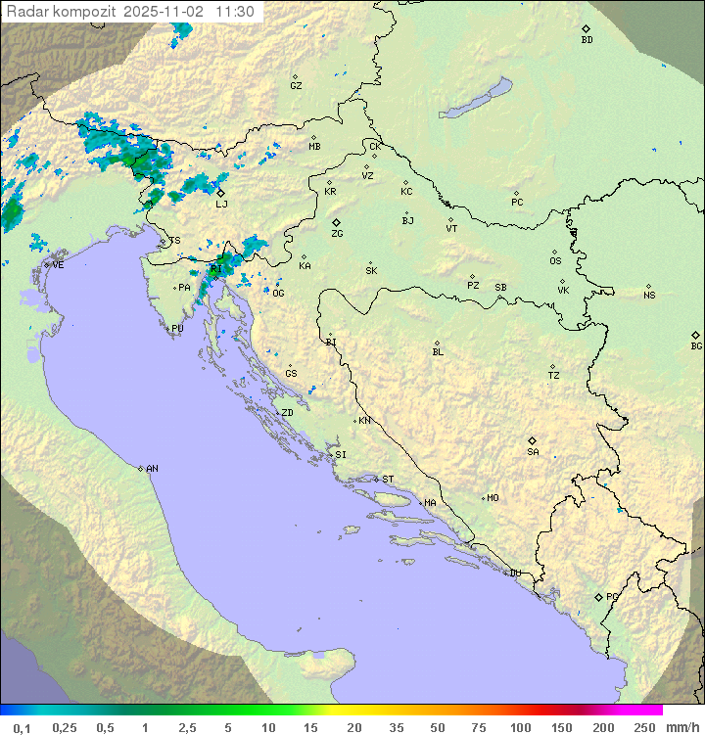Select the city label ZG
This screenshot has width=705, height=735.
(x=337, y=234)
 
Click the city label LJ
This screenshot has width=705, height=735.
(x=221, y=204)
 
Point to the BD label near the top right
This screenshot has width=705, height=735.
(x=587, y=40)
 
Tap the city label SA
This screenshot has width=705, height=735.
(x=533, y=452)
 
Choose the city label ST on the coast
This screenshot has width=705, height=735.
(x=388, y=480)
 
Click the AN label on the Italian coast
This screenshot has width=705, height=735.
(x=152, y=469)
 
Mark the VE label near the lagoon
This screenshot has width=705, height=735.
(x=58, y=265)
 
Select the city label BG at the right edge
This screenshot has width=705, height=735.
(x=696, y=345)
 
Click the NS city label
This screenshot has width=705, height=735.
(x=649, y=296)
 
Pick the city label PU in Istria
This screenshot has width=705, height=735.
(x=177, y=329)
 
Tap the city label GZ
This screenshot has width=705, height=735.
(x=296, y=86)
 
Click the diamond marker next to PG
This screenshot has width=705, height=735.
(x=598, y=596)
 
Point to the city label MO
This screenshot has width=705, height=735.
(x=493, y=498)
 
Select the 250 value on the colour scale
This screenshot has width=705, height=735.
(x=644, y=727)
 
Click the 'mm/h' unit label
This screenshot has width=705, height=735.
(x=680, y=727)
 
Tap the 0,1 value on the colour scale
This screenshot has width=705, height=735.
(x=22, y=727)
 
